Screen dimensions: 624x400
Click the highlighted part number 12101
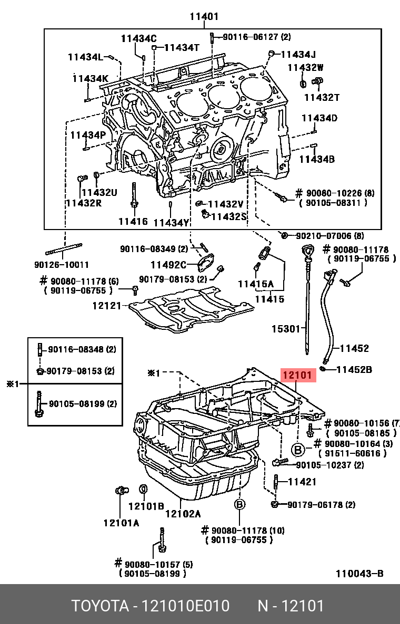298,376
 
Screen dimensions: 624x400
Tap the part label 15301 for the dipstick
285,329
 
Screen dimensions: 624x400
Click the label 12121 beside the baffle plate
107,305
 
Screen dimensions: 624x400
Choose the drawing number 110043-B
359,574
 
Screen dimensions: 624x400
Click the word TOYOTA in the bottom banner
100,606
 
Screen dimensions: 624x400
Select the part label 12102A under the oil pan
183,514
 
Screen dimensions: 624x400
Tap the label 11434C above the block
138,38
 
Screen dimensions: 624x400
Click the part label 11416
133,222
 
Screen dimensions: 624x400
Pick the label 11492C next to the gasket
168,265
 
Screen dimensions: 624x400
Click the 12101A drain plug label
121,523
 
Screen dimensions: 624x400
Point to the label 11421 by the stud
302,481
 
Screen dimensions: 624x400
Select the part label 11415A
256,284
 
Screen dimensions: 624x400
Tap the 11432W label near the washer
305,67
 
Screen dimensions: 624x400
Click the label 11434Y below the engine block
171,223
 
